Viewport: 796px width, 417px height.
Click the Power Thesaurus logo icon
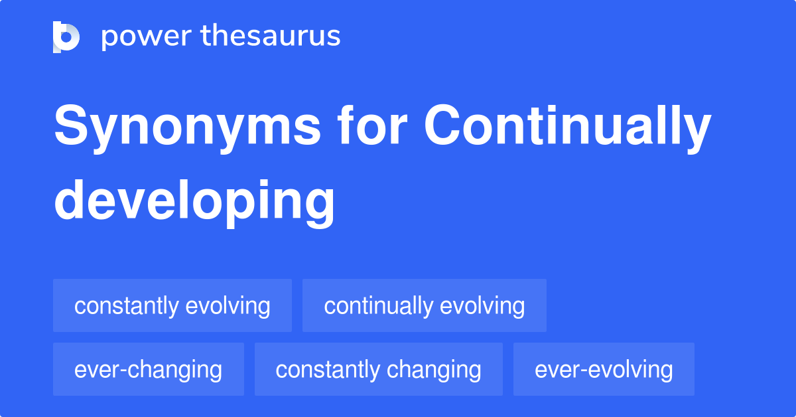click(x=66, y=37)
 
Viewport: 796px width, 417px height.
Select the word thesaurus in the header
click(x=271, y=37)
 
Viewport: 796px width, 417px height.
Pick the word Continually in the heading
click(x=568, y=128)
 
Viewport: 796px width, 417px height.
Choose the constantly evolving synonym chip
click(x=172, y=305)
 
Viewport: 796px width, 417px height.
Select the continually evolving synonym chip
click(x=425, y=305)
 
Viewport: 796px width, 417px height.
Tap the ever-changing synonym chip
click(x=149, y=369)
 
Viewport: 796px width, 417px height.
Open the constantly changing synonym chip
click(x=379, y=369)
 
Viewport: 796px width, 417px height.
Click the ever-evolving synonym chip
click(x=604, y=369)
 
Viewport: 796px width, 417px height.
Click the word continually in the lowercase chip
click(x=378, y=305)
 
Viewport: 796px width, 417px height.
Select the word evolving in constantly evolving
click(x=228, y=306)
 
